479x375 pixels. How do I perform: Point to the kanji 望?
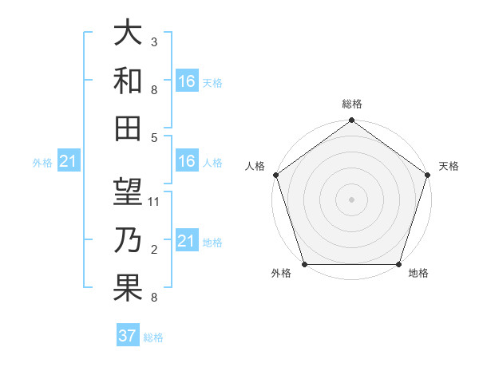coord(128,192)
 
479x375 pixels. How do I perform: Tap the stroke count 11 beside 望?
coord(155,202)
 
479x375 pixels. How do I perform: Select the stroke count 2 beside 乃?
coord(153,250)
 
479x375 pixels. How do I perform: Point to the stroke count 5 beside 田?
coord(153,137)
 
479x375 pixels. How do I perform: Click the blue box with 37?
coord(127,336)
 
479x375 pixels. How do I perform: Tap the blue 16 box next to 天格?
coord(187,81)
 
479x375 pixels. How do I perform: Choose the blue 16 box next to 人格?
coord(187,161)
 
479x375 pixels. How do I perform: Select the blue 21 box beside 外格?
coord(68,162)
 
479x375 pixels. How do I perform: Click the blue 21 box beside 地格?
coord(187,241)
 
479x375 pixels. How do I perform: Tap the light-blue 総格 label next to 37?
coord(153,337)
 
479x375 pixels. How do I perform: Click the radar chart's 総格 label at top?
coord(351,104)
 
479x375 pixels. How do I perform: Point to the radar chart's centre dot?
coord(351,199)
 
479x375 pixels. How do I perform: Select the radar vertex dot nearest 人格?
coord(275,175)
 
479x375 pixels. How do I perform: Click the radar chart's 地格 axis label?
coord(418,274)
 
